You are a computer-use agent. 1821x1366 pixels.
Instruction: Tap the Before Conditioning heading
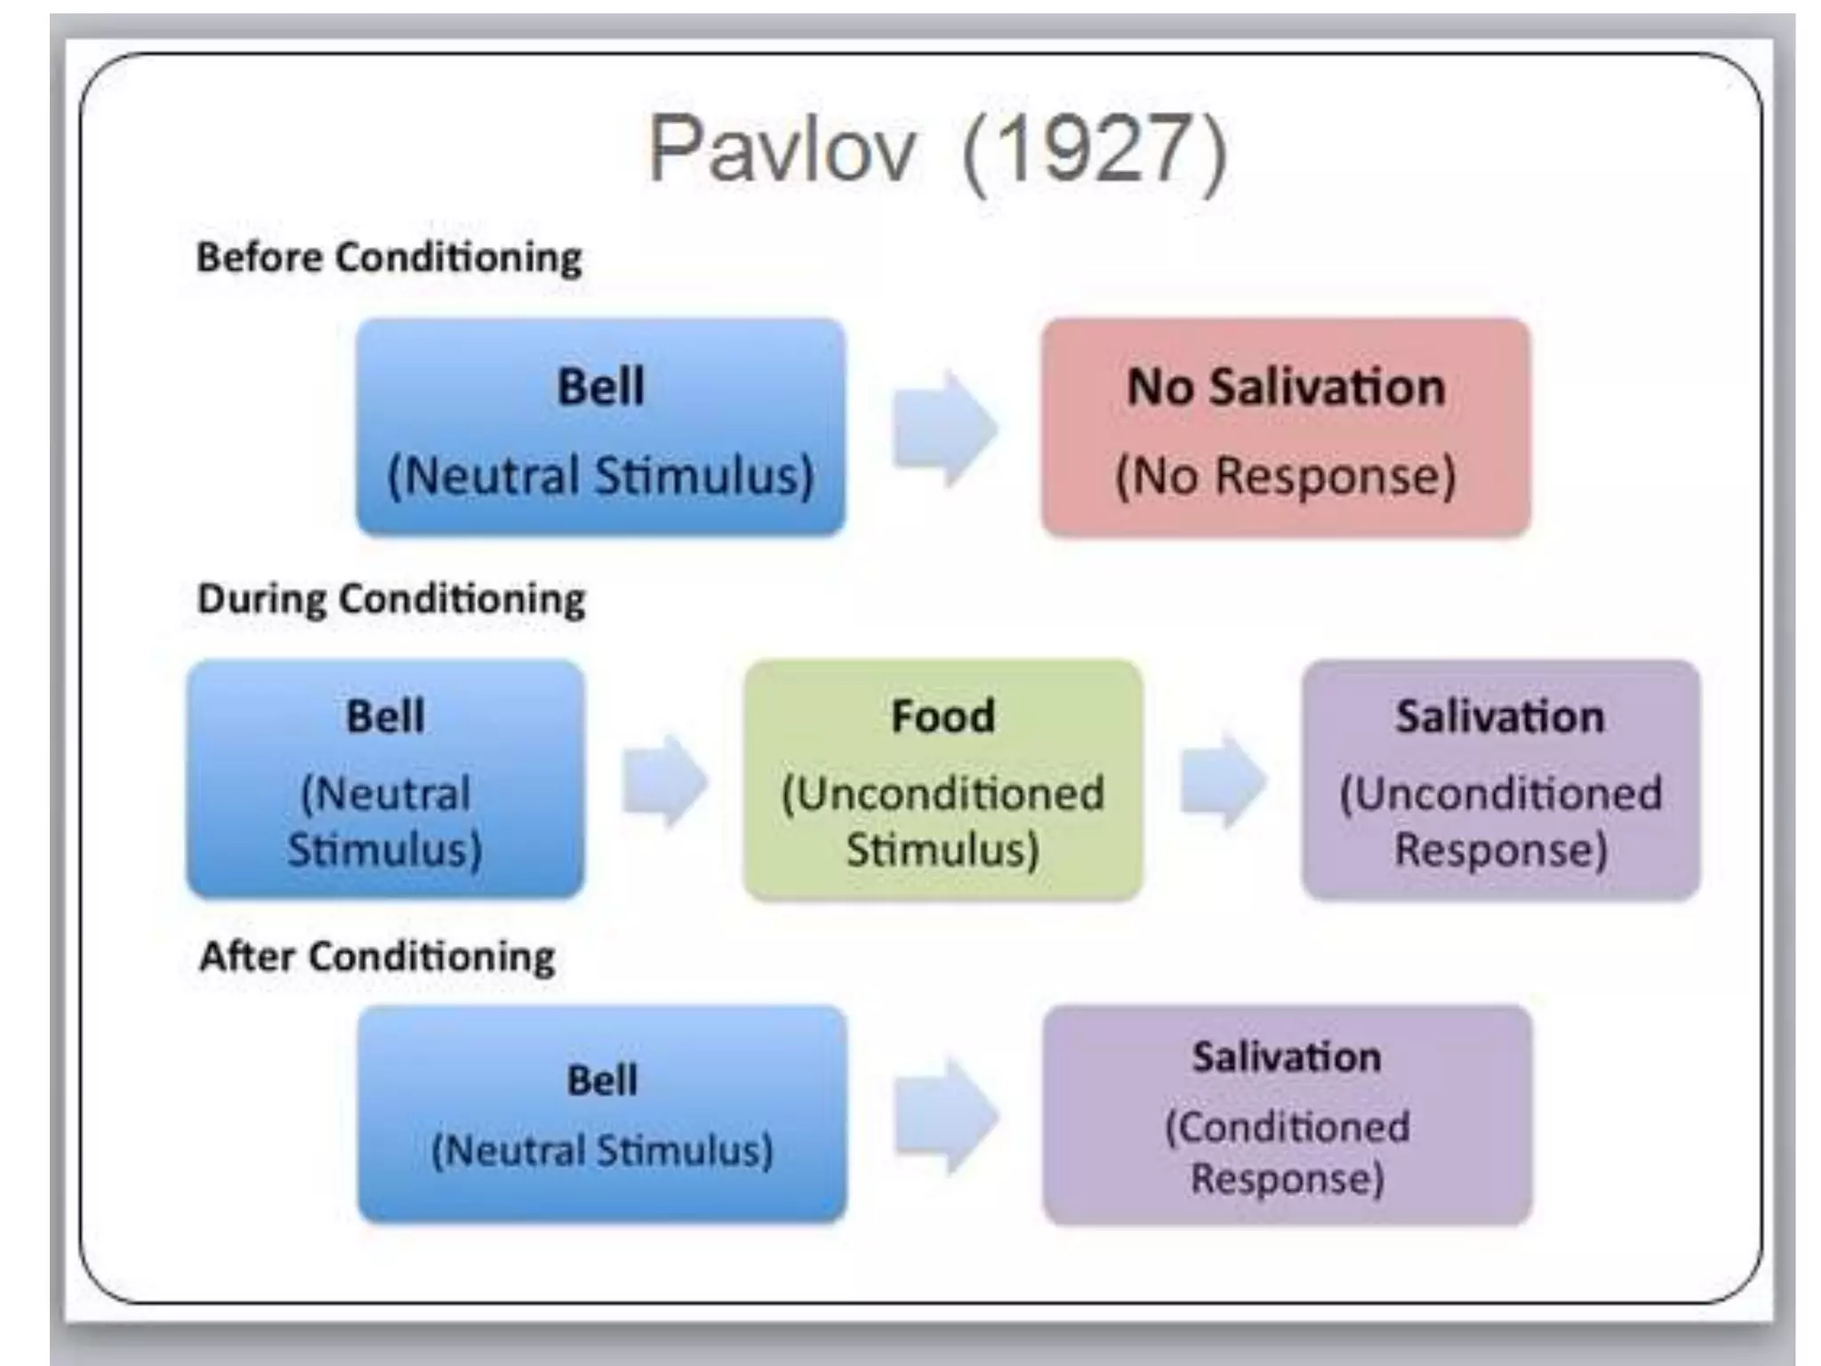pos(389,258)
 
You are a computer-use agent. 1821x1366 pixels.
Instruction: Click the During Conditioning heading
pos(391,599)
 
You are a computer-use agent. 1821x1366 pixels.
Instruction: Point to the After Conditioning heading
pos(377,957)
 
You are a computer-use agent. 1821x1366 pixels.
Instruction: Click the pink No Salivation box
pos(1286,428)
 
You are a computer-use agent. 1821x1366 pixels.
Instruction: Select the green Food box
pos(943,780)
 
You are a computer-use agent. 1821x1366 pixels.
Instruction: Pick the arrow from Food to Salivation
pos(1223,780)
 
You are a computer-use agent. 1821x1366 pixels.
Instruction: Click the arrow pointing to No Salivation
pos(944,429)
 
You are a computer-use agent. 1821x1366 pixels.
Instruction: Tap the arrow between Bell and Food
pos(664,781)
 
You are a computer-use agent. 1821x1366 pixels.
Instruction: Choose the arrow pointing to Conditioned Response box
pos(946,1115)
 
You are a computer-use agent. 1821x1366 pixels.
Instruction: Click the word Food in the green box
pos(943,717)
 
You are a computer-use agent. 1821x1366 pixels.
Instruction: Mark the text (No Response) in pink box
pos(1286,476)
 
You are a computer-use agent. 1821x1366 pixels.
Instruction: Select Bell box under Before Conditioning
pos(601,428)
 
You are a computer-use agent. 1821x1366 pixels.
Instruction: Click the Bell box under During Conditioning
pos(385,780)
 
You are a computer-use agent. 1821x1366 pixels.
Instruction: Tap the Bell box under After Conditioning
pos(602,1115)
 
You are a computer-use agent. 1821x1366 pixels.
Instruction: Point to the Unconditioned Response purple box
pos(1500,780)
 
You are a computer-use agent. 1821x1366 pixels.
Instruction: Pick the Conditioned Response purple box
pos(1287,1115)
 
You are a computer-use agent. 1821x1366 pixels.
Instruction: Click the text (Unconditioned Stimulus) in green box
pos(943,821)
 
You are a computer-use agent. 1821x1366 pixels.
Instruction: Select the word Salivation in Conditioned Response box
pos(1287,1057)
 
